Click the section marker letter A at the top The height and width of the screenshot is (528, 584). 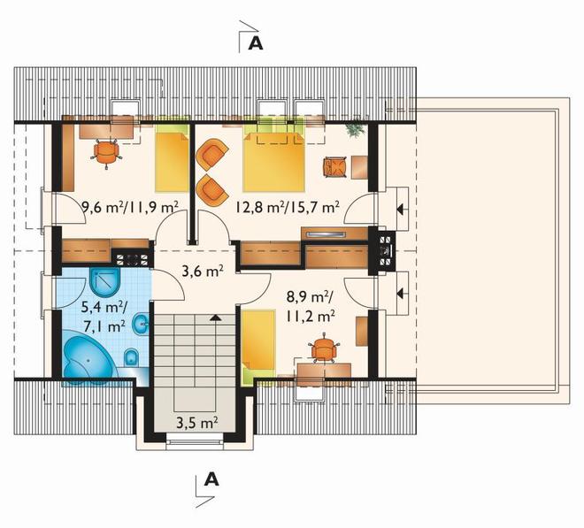tap(256, 43)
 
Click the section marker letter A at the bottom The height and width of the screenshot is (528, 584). tap(211, 479)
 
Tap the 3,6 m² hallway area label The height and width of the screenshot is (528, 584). tap(203, 271)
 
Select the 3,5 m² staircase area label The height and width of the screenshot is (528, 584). tap(197, 423)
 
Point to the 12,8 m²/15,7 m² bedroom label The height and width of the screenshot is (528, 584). tap(288, 207)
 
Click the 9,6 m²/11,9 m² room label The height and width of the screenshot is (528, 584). tap(129, 206)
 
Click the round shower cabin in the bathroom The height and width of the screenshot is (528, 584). tap(105, 281)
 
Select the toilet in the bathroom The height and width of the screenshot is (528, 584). tap(131, 358)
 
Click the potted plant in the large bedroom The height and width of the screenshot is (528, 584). tap(354, 129)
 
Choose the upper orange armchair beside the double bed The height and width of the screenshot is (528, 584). tap(211, 154)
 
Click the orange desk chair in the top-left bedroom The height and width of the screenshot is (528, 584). tap(106, 153)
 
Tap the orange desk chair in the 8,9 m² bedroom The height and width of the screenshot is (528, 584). tap(324, 348)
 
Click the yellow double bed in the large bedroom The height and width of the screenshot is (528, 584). tap(273, 158)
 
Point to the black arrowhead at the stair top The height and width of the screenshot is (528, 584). tap(215, 318)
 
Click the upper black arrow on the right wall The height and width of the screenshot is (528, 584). tap(400, 209)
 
